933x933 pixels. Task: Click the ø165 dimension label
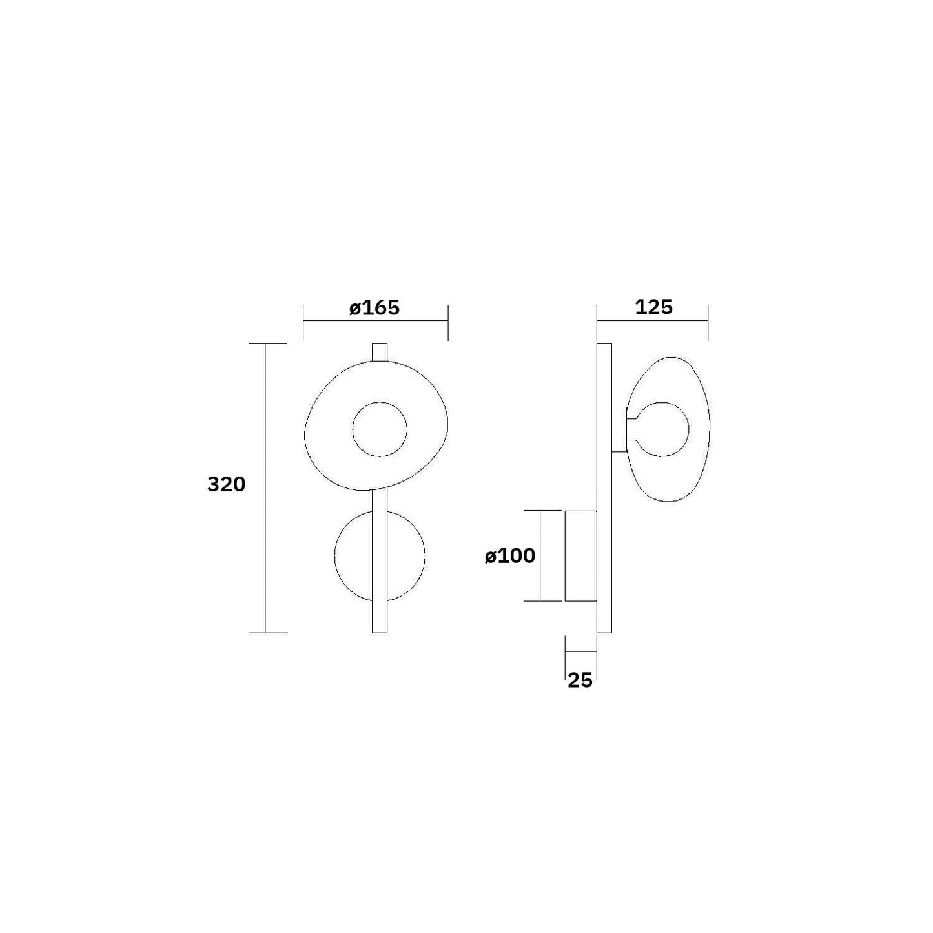374,308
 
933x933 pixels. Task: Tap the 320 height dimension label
227,484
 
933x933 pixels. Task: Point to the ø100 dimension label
510,557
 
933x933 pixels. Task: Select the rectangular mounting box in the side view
580,556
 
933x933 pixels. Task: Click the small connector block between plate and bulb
619,429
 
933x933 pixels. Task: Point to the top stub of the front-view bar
380,353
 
